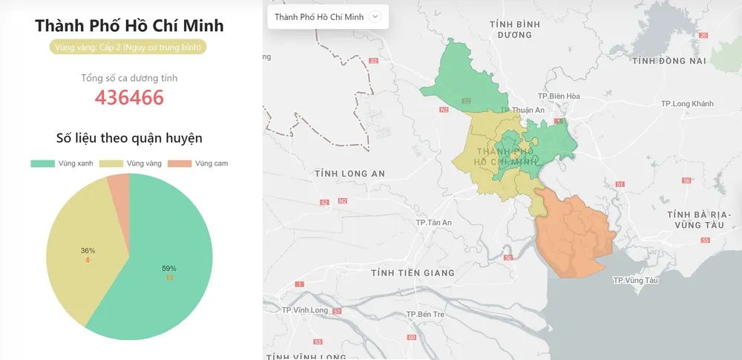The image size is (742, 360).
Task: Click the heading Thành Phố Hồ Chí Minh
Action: tap(129, 26)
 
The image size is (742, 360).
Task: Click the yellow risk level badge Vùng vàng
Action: tap(129, 48)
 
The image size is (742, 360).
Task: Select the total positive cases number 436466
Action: tap(129, 97)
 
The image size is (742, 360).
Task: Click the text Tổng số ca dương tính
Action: tap(129, 78)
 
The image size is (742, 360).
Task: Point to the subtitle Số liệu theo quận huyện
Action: tap(129, 137)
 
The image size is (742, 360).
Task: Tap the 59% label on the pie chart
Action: tap(169, 268)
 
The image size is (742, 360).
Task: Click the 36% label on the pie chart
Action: tap(88, 251)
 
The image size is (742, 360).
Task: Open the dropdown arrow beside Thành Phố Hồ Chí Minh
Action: tap(375, 16)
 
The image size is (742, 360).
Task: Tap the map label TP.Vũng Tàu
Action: tap(636, 281)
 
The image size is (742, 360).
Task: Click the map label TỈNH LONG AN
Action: tap(349, 174)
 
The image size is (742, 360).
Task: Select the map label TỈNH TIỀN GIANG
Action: tap(413, 272)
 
